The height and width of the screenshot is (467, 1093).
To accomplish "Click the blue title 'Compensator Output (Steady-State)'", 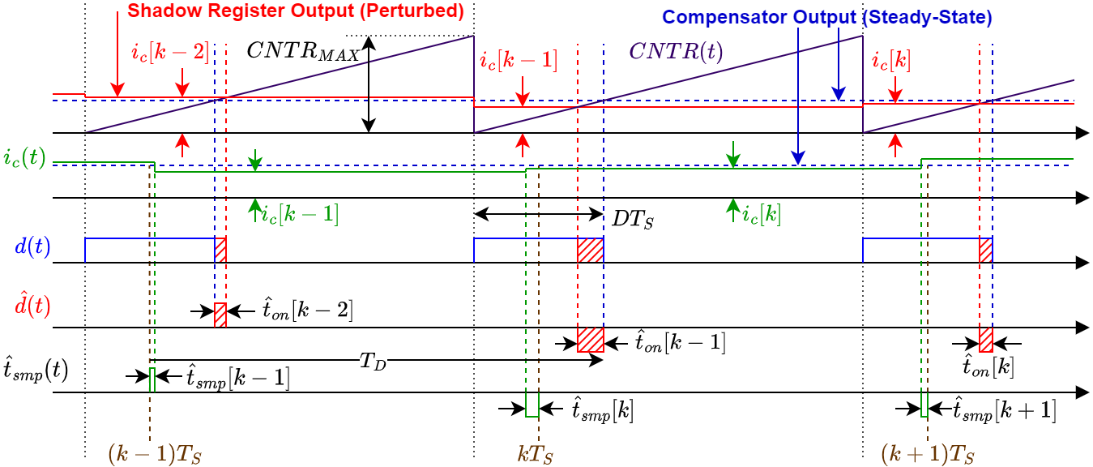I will coord(827,16).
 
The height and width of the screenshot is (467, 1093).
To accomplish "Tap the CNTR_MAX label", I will coord(303,54).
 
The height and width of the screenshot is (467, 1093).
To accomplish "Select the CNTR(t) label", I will coord(677,53).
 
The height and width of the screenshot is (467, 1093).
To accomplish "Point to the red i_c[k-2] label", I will coord(169,54).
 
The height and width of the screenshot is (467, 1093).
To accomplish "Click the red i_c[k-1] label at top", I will coord(518,61).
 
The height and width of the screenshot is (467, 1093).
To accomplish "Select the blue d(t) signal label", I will coord(32,246).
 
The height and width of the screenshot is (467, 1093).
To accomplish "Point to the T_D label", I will coord(373,362).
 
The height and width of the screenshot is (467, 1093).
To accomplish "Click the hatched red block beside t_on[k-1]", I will coord(590,340).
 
